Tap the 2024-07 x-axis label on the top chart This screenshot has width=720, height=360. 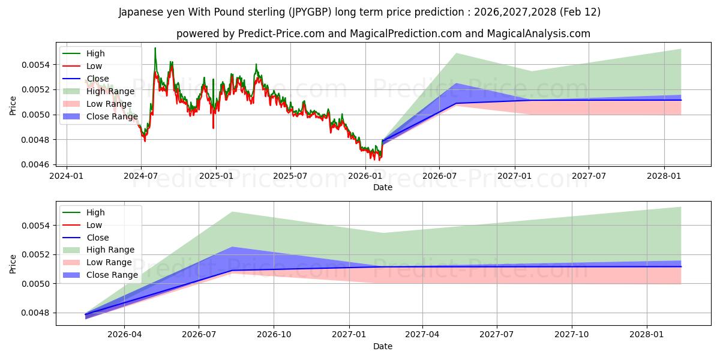pyautogui.click(x=141, y=176)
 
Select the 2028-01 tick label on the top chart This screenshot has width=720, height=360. pyautogui.click(x=664, y=176)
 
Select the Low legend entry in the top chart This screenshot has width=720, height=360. pyautogui.click(x=94, y=66)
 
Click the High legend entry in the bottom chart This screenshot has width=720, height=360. pyautogui.click(x=95, y=212)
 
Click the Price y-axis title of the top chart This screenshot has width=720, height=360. pyautogui.click(x=13, y=106)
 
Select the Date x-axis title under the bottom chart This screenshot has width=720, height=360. pyautogui.click(x=382, y=346)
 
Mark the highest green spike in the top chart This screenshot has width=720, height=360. pyautogui.click(x=155, y=48)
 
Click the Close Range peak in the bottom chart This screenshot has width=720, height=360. pyautogui.click(x=232, y=247)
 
